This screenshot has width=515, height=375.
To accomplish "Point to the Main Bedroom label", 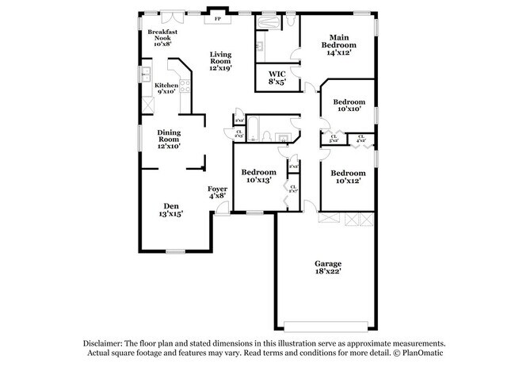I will [338, 41].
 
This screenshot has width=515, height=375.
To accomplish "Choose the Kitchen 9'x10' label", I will [166, 88].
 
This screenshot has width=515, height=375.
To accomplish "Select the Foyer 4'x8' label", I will [218, 191].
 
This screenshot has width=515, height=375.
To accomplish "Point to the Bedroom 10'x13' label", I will [258, 176].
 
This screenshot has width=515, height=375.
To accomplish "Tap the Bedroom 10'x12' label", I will [348, 178].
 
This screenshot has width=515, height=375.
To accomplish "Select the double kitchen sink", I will [147, 75].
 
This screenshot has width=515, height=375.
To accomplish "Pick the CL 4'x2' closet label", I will [361, 139].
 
